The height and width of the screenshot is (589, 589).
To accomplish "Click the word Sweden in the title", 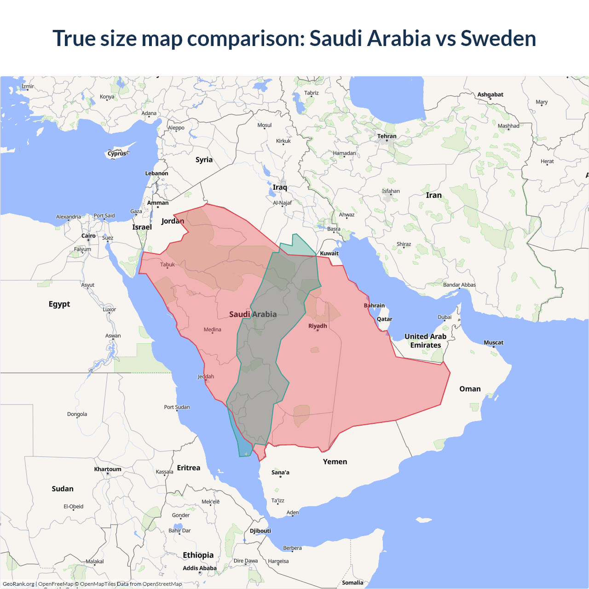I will point(498,39).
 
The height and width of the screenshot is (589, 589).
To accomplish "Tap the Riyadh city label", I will point(318,326).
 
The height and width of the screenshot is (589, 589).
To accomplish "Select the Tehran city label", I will point(387,136).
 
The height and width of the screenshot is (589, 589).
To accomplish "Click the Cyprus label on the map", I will point(117,154).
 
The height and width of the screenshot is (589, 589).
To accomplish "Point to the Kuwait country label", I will point(329,253).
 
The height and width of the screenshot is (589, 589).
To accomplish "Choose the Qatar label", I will point(384,319).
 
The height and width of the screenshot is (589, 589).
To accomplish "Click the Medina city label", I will point(212,329).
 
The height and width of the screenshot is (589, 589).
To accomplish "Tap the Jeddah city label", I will point(206,376).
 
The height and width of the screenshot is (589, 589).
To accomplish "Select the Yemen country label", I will point(335,462).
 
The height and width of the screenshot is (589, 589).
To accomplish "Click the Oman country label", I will point(470,389).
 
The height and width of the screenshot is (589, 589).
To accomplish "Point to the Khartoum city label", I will point(108,469).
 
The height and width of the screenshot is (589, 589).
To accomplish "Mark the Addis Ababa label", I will point(199,568).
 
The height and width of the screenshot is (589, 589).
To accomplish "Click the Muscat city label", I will point(493,342).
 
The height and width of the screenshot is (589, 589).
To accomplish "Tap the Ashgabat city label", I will point(490,94).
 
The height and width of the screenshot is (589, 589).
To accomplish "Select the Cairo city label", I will point(88,236).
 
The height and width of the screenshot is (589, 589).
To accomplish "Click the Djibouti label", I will point(260,531).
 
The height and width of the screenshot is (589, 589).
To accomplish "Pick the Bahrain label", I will point(374,306).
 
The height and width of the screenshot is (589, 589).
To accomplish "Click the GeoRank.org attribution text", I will point(18,584).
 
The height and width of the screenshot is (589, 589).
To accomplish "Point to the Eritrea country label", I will point(189,468).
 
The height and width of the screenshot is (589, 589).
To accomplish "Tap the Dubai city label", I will point(445,317).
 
